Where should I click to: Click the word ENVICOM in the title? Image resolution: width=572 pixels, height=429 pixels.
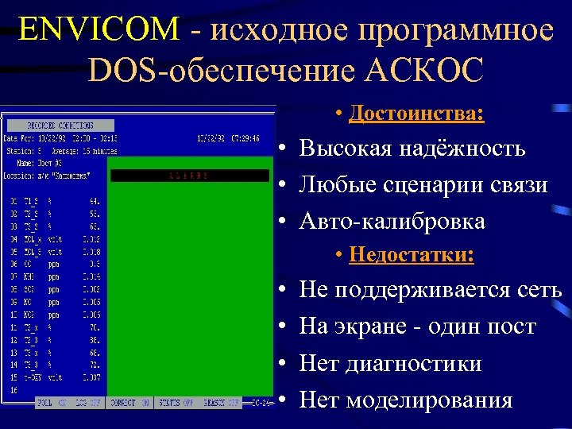tap(99, 29)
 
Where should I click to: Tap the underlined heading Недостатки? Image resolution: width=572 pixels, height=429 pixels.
tap(412, 255)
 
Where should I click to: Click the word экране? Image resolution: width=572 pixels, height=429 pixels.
tap(379, 327)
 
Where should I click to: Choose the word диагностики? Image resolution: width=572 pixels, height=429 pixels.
tap(413, 364)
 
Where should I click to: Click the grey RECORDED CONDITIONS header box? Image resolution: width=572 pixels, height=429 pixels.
tap(60, 126)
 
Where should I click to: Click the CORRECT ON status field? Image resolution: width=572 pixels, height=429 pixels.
tap(129, 403)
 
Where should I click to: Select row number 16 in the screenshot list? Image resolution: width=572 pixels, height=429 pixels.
tap(14, 391)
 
